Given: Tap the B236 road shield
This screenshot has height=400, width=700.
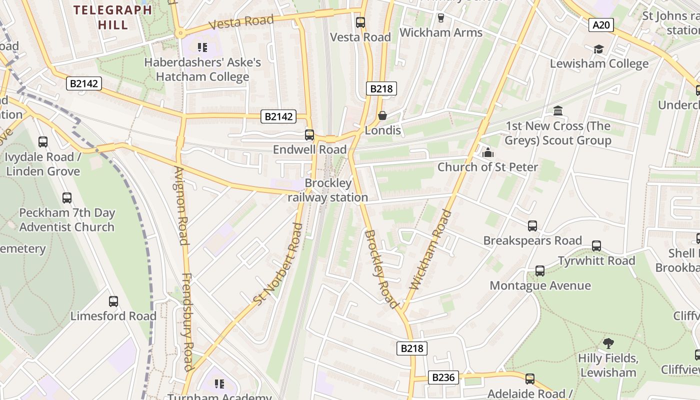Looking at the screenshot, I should (x=443, y=377).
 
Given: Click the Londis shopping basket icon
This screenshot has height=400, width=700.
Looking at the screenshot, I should (x=382, y=115).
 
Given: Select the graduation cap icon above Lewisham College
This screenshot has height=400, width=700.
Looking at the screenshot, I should (x=598, y=49).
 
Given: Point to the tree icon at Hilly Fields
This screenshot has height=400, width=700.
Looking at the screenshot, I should (x=608, y=343).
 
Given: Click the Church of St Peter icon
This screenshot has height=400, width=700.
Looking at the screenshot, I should (x=487, y=152).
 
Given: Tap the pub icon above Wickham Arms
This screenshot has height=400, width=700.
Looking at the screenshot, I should (x=440, y=18).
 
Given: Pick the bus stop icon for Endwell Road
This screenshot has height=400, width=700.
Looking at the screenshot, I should (x=309, y=134).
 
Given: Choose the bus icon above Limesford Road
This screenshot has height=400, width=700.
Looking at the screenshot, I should (x=113, y=301).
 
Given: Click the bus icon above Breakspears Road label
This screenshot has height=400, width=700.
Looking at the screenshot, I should (x=532, y=226).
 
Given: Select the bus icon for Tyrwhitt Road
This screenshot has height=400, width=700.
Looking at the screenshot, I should (x=596, y=246).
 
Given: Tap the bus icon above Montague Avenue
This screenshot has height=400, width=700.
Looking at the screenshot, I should (x=540, y=271).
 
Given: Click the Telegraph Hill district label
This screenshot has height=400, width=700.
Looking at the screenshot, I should (x=112, y=17).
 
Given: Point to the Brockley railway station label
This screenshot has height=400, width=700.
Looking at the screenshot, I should (x=328, y=190).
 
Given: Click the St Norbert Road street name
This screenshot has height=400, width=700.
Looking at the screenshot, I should (x=278, y=264).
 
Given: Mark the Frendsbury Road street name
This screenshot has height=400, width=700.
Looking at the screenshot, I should (x=187, y=322).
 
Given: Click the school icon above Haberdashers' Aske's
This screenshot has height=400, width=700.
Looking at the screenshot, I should (x=202, y=47).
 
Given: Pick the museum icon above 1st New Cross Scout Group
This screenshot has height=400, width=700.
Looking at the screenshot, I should (x=558, y=110).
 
